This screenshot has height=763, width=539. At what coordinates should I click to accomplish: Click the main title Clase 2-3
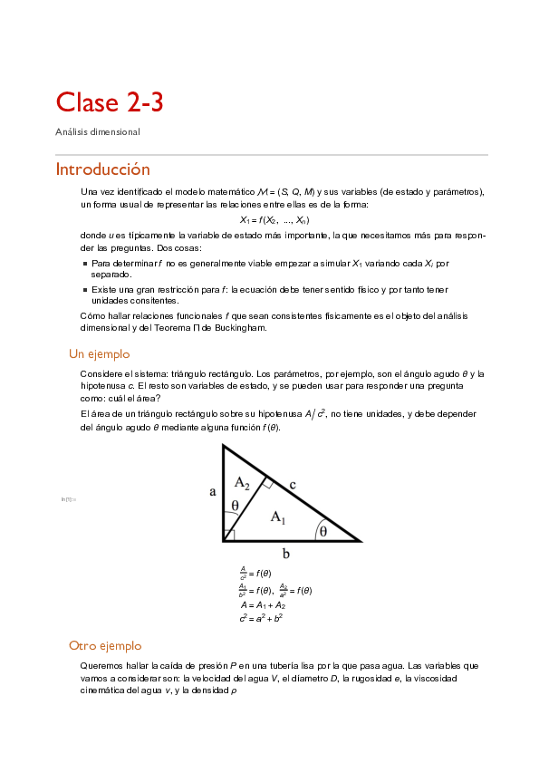[109, 102]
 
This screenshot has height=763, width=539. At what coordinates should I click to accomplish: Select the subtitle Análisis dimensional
[98, 132]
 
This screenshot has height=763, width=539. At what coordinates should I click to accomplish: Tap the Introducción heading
[102, 169]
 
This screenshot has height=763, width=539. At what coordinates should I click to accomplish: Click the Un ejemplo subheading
[100, 354]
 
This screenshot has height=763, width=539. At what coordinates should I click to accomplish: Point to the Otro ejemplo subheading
[105, 646]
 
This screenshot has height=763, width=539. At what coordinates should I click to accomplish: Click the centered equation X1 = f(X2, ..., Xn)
[274, 220]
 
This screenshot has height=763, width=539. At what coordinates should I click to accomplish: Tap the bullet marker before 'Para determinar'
[84, 264]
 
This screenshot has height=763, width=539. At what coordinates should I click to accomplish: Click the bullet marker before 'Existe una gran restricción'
[84, 290]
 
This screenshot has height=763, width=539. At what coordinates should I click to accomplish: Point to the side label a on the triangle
[212, 492]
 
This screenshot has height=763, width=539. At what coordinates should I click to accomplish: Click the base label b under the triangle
[285, 553]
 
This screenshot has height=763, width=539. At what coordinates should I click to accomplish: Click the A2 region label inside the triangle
[242, 482]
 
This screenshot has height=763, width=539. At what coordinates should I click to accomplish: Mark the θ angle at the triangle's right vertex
[322, 532]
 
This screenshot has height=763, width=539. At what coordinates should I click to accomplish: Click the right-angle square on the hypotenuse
[268, 483]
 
